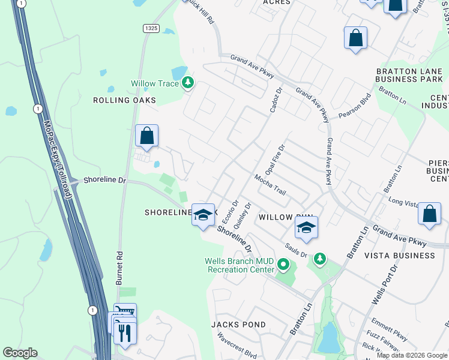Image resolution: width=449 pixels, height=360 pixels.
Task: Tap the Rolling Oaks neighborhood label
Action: point(124,100)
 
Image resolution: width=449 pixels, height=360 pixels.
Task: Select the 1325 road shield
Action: point(151,29)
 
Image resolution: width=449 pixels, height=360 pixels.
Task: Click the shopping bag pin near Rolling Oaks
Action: point(147,136)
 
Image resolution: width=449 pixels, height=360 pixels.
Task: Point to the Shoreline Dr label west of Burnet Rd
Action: point(106,179)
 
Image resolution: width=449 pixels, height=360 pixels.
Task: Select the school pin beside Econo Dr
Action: point(203,215)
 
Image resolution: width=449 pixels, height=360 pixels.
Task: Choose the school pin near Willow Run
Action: point(306,228)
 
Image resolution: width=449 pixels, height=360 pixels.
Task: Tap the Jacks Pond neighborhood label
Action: point(238,325)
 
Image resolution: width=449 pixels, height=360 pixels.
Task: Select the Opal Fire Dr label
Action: point(279,157)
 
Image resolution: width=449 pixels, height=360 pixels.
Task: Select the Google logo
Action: point(20,353)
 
